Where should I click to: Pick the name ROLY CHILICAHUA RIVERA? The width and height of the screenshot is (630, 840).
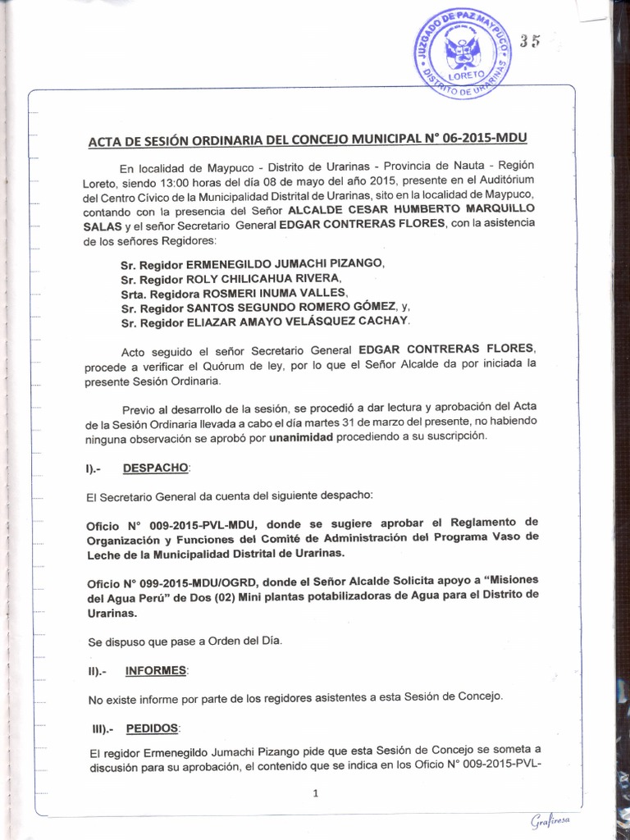click(x=258, y=280)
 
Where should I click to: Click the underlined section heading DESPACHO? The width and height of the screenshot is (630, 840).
click(x=156, y=468)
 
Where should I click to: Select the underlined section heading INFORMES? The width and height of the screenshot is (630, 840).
click(x=156, y=670)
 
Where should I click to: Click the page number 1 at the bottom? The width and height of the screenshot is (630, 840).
click(x=315, y=793)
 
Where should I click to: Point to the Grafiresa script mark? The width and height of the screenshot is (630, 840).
click(x=549, y=821)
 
